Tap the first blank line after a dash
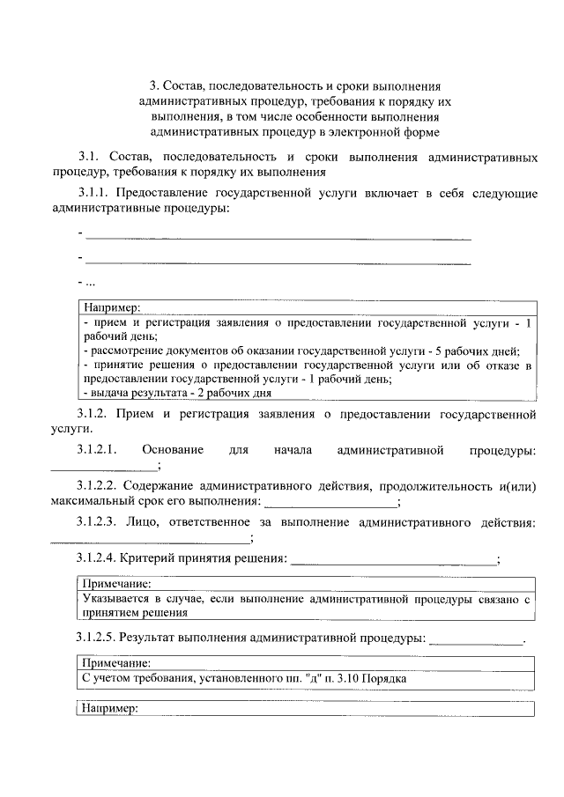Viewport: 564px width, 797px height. [x=278, y=236]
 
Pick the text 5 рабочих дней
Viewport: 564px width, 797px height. [x=478, y=350]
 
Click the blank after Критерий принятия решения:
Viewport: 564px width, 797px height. [x=393, y=560]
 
